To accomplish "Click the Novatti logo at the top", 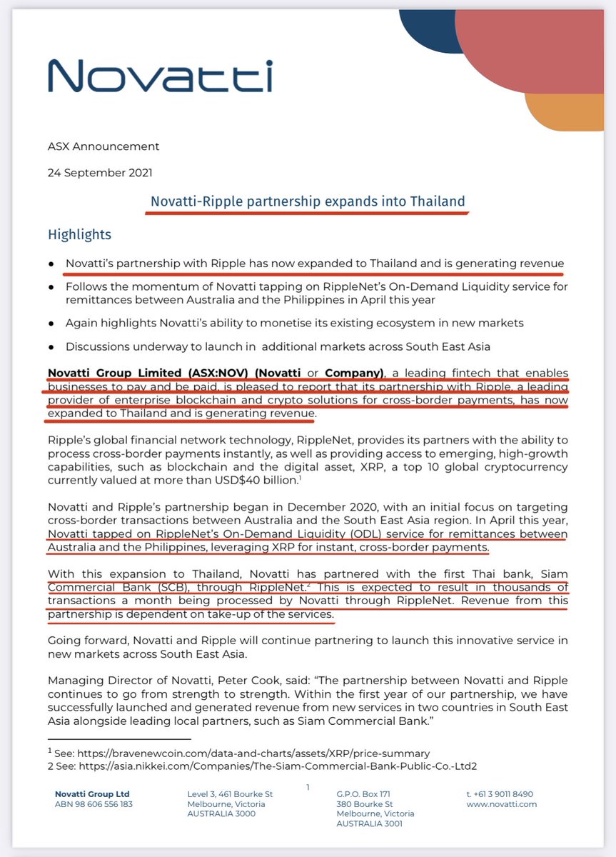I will (x=160, y=76).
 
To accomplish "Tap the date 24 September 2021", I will (x=99, y=172).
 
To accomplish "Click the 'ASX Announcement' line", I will (x=103, y=146).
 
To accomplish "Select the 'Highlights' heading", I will (x=79, y=234).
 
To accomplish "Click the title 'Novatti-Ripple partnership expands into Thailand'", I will (x=308, y=201).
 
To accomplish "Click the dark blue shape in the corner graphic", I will (x=428, y=32).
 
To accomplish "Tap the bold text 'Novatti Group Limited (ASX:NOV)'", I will (x=142, y=373).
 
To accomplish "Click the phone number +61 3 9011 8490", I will (x=499, y=794).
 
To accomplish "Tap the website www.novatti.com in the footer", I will (x=500, y=804).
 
